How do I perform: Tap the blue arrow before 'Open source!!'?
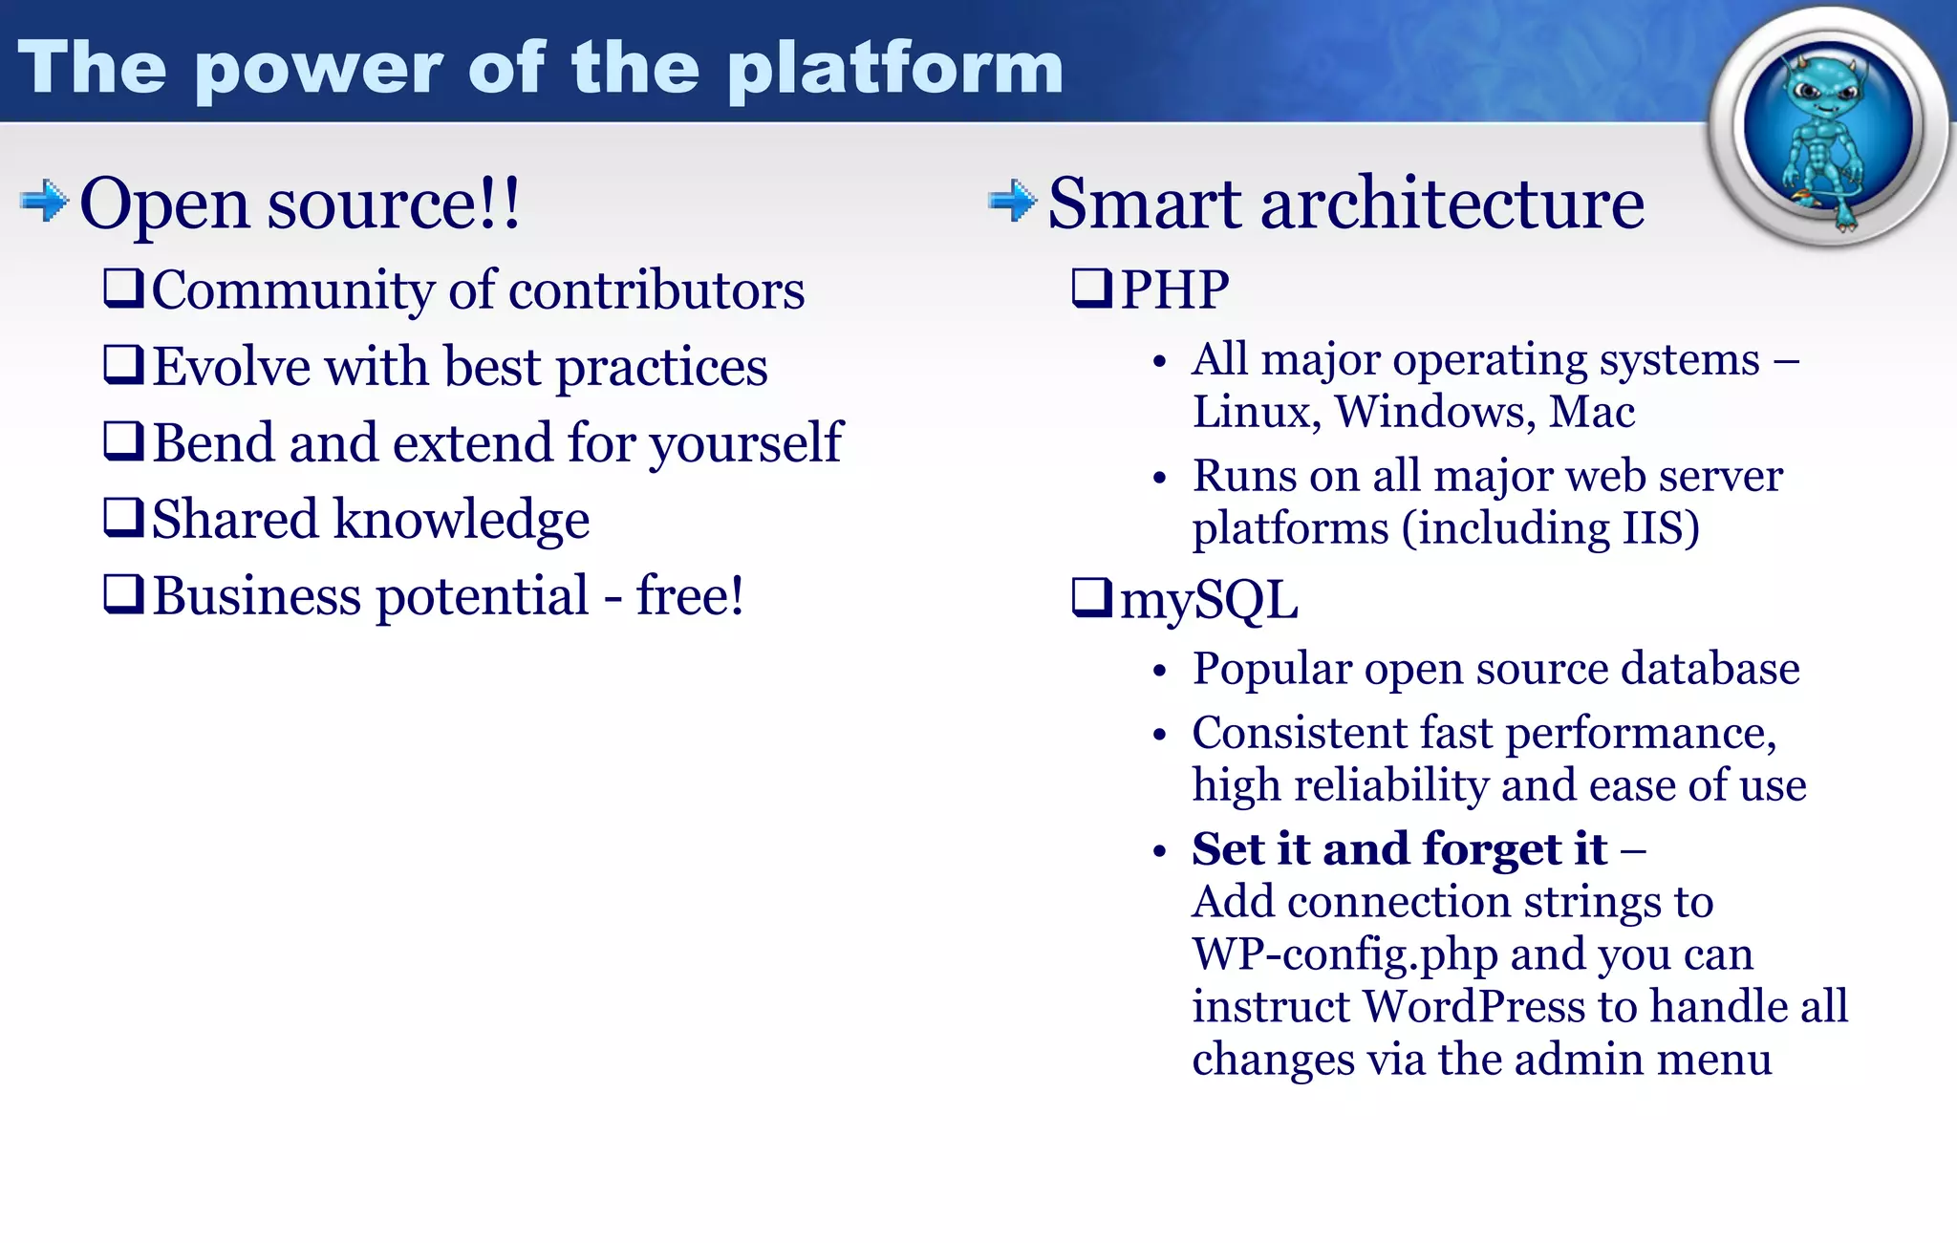44,201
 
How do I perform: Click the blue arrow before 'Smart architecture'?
1012,201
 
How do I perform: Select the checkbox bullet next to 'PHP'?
1091,289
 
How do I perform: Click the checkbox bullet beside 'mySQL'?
1091,598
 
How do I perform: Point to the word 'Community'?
292,290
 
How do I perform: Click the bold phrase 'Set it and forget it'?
1399,848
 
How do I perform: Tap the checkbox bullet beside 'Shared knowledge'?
123,518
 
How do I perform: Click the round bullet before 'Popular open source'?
1159,672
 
